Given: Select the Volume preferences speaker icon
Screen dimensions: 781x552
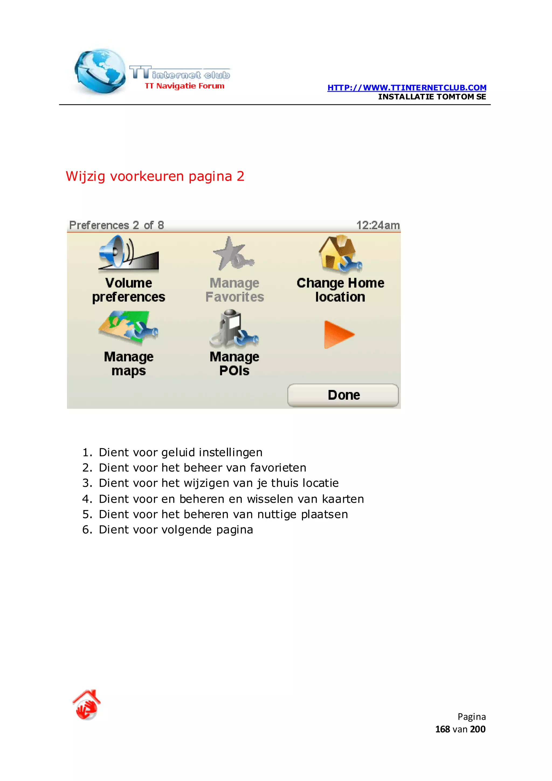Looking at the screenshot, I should [129, 254].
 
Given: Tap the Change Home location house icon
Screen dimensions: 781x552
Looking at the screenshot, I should [340, 254].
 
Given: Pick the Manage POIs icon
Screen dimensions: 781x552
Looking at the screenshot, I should [234, 328].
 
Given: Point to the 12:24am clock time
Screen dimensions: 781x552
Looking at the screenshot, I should [378, 225].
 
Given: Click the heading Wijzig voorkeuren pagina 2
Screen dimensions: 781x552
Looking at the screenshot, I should [155, 176].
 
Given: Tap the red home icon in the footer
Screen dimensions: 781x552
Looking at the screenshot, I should [87, 704].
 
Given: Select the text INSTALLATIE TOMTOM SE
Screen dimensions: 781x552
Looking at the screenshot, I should [432, 97].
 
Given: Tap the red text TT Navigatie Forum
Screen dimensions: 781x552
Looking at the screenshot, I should [185, 86].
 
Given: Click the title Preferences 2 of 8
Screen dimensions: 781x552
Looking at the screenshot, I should [117, 225].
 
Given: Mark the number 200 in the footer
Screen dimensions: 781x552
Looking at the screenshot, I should [478, 729].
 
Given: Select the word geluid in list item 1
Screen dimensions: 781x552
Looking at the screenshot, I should [178, 453].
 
